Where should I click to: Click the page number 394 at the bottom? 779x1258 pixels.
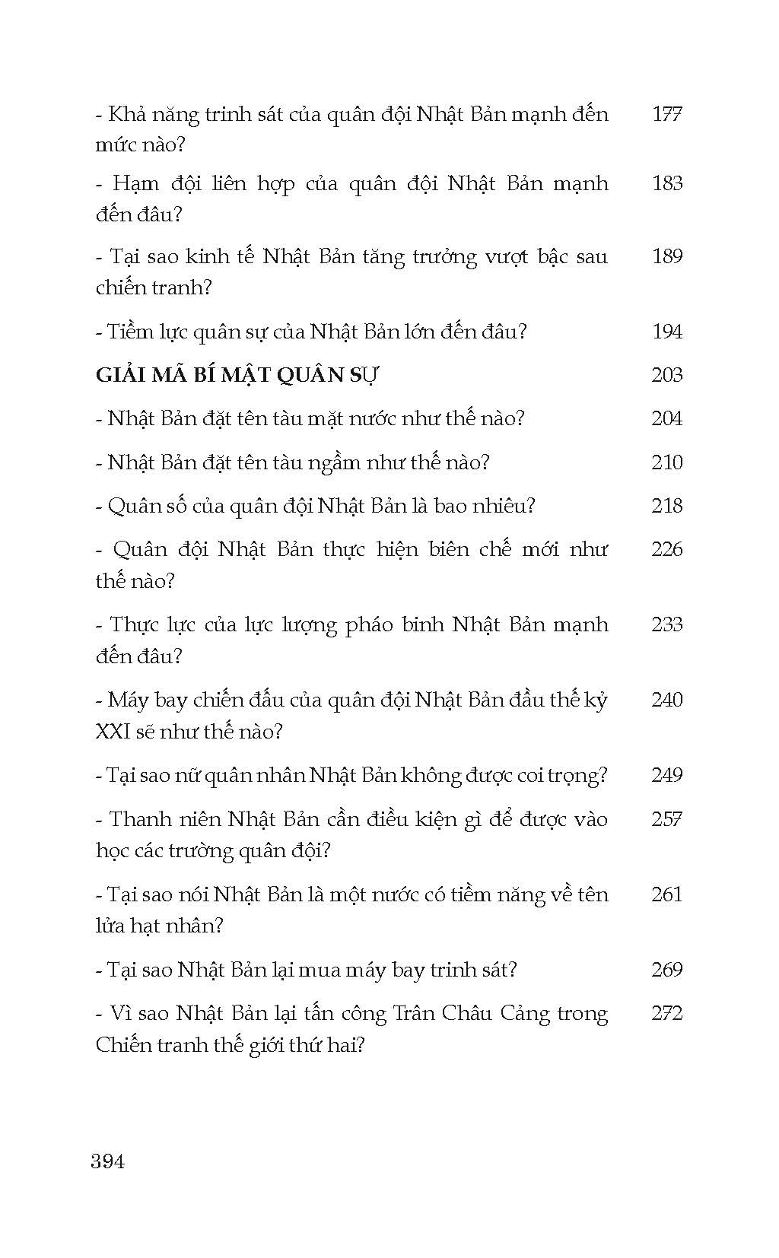click(x=107, y=1161)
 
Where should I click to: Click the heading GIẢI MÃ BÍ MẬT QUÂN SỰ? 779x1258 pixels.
click(x=237, y=375)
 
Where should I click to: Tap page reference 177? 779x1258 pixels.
click(x=667, y=114)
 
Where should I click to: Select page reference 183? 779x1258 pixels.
click(x=667, y=183)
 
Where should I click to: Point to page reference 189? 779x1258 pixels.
click(x=667, y=256)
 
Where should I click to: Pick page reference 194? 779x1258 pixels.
click(x=667, y=331)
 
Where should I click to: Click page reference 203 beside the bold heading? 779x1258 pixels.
click(x=667, y=375)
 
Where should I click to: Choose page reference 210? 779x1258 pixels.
click(x=667, y=462)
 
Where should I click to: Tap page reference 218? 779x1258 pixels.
click(x=667, y=506)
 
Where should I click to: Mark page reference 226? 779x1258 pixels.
click(x=667, y=549)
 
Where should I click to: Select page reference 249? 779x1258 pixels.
click(x=667, y=775)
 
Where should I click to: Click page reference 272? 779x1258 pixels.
click(x=667, y=1013)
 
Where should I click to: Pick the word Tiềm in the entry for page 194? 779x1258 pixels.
click(x=131, y=332)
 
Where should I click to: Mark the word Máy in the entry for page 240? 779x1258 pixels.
click(x=129, y=700)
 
